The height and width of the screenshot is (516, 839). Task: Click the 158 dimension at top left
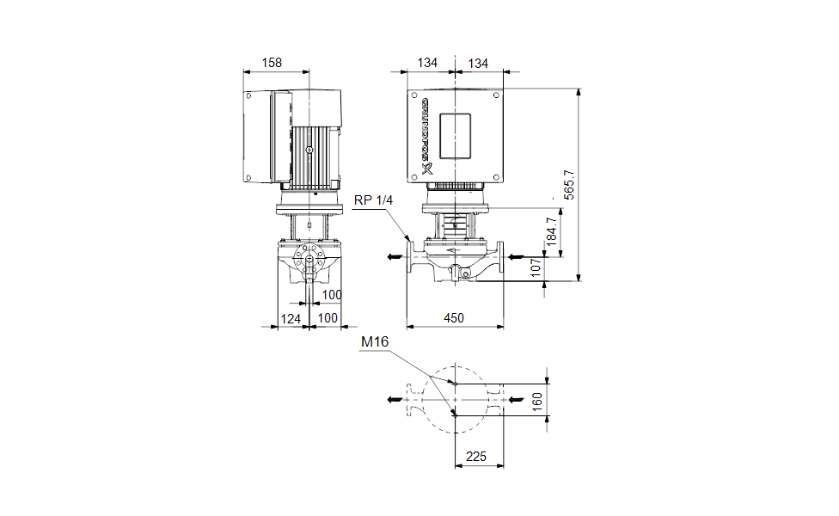point(272,63)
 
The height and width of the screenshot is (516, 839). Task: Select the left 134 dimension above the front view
point(427,63)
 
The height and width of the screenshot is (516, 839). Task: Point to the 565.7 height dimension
point(568,184)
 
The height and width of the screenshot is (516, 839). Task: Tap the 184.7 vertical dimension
point(551,231)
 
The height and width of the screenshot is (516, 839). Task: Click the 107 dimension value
point(535,268)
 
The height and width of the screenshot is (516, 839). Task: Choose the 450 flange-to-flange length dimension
point(453,318)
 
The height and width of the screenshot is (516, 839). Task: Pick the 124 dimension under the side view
point(292,318)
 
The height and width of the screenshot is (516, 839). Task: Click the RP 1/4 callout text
point(372,200)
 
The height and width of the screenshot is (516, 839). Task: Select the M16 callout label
point(375,342)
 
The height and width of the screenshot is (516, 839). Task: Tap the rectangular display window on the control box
point(456,135)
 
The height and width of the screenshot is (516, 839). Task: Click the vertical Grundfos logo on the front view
point(425,138)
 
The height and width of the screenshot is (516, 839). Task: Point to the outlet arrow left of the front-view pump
point(392,256)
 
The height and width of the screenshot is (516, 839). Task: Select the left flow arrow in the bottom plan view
point(394,399)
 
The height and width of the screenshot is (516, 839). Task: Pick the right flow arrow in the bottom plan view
point(514,399)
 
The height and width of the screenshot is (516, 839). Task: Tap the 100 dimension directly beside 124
point(328,318)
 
